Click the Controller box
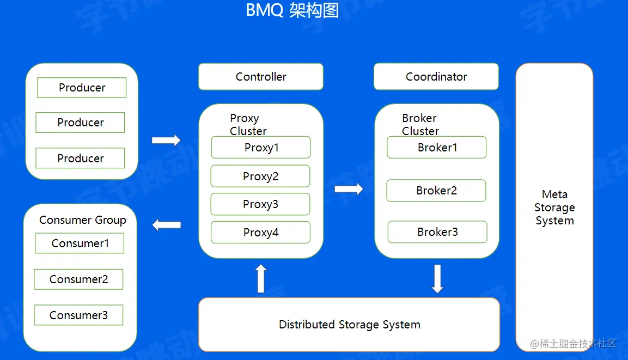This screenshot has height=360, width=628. coord(261,77)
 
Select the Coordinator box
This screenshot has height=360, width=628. coord(436,77)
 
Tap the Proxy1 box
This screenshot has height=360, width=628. coord(261,148)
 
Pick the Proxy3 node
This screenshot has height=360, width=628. coord(260,204)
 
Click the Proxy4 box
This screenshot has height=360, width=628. coord(260,233)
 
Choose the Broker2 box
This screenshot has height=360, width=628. coord(436,191)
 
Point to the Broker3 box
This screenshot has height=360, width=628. coord(437,232)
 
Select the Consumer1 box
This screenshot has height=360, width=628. coord(80,243)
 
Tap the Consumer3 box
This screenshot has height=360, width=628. coord(78,315)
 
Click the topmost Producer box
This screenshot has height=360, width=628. coord(82,88)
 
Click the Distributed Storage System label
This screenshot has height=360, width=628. coord(349,325)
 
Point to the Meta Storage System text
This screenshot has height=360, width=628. coord(554,208)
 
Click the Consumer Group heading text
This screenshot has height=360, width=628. coord(82,220)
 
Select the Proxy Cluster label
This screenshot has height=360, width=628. coord(248,125)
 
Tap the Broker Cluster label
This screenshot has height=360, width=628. coord(420,125)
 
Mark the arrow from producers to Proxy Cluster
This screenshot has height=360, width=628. coord(166,140)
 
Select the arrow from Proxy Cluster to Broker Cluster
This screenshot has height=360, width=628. coord(349,189)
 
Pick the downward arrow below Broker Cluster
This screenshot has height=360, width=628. coord(437,278)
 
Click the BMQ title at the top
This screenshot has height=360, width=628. coord(292,10)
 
